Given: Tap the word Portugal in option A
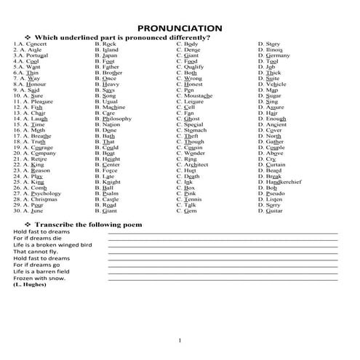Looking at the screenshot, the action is click(33, 55).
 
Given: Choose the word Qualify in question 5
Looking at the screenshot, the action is click(195, 67).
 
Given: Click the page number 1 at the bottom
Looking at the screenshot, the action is click(178, 340).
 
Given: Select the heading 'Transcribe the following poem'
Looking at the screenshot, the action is click(87, 225).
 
